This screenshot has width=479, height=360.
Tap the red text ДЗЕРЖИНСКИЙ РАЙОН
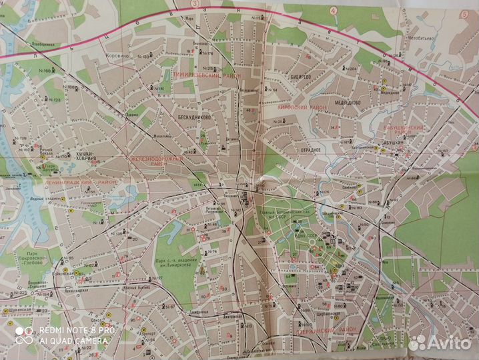(x=321, y=319)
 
